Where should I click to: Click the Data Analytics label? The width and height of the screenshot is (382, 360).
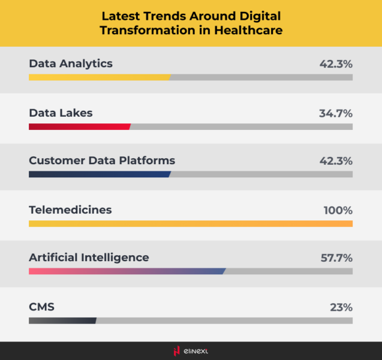coord(71,63)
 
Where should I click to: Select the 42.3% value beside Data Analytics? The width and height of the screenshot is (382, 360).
coord(336,64)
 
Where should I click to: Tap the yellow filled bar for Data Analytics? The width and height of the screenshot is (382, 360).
coord(100,77)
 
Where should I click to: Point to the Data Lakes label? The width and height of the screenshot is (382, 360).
coord(61,113)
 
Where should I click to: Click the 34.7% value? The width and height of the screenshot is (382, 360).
coord(336,113)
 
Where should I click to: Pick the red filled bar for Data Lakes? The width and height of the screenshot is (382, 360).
coord(79,126)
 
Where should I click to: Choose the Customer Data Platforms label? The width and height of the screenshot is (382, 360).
coord(102,161)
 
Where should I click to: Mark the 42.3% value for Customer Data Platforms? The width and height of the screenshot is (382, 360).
coord(336,161)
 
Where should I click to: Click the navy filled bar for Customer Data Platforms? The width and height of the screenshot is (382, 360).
coord(100,174)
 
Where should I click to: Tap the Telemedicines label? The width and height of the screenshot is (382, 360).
coord(70,210)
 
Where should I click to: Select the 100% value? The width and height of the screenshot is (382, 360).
coord(338,210)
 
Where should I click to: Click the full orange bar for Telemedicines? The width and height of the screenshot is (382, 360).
coord(191,223)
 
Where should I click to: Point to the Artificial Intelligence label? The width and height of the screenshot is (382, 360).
coord(89,258)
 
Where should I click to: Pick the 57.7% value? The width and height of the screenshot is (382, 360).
coord(336,258)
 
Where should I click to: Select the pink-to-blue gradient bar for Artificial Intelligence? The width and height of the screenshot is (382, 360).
coord(127,271)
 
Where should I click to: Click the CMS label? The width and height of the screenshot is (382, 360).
coord(42,307)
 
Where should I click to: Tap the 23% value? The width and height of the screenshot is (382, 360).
coord(341,307)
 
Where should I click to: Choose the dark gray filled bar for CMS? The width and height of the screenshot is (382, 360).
coord(62,320)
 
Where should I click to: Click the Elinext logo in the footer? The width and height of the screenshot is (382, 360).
coord(191,351)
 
